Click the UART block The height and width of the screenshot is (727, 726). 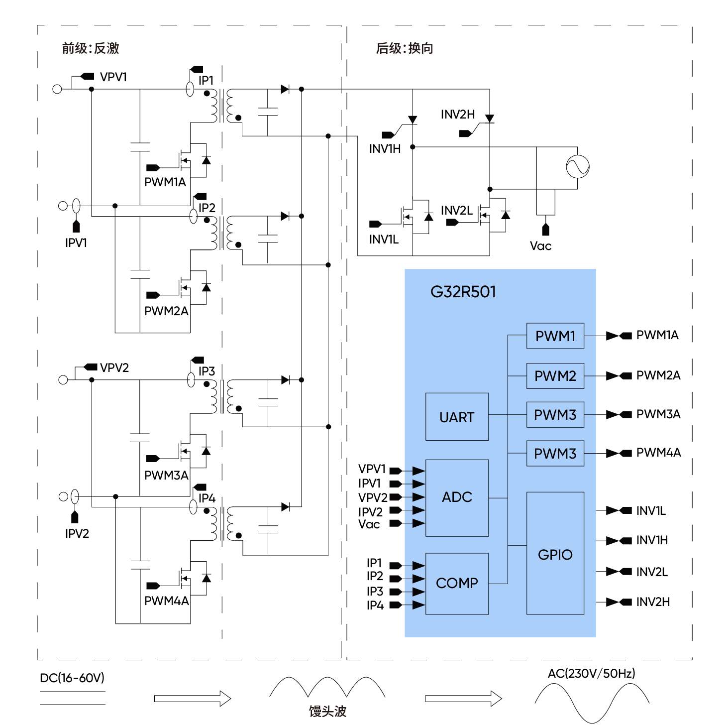pos(456,417)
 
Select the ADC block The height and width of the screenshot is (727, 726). pos(456,497)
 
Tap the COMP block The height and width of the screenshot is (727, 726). pos(456,583)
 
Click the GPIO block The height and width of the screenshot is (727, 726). pos(555,554)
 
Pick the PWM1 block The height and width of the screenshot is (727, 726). pos(555,336)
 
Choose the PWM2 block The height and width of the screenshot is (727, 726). pos(555,376)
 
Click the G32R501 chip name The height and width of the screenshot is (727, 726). pos(463,291)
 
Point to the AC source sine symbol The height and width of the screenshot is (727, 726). pos(577,166)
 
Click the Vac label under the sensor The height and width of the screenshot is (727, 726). pos(540,246)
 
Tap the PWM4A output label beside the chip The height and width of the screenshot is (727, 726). pos(658,453)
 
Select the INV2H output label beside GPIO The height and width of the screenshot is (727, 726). pos(652,602)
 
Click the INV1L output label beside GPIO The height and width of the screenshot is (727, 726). pos(650,511)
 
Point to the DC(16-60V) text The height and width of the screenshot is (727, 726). pos(72,678)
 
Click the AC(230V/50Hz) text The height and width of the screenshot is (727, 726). pos(591,674)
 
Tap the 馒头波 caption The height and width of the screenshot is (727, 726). pos(327,711)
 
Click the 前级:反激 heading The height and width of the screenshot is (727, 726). pos(90,48)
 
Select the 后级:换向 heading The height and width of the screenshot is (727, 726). pos(405,48)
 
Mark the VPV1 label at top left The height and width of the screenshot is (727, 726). pos(113,77)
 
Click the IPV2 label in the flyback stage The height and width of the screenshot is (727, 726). pos(77,534)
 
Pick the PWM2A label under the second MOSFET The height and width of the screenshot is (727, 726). pos(166,311)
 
